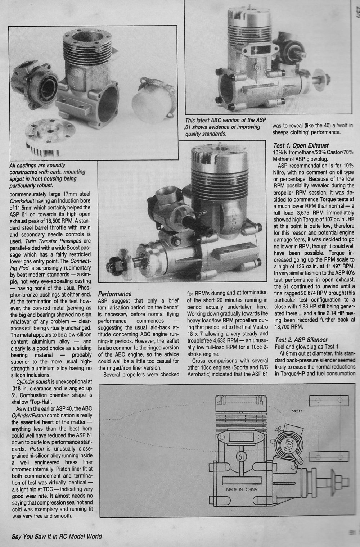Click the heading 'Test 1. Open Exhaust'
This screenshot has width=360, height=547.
[x=301, y=145]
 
